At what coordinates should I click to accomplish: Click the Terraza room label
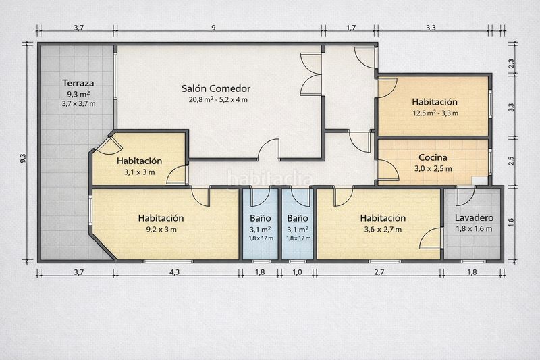coord(78,83)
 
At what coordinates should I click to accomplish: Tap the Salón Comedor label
coord(216,88)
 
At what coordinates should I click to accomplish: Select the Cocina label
coord(433,157)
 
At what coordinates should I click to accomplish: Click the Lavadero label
coord(474,217)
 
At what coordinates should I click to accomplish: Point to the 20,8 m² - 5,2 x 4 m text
coord(218,99)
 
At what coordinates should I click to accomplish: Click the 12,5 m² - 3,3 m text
coord(435,113)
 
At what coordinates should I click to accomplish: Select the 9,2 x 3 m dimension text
coord(161,229)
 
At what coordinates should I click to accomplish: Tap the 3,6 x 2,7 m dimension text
coord(383,229)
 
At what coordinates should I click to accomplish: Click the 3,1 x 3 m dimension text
coord(140,172)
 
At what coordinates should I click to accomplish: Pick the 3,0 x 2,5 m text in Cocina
coord(433,168)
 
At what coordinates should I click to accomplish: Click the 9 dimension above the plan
coord(213,28)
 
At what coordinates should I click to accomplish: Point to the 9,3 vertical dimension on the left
coord(23,158)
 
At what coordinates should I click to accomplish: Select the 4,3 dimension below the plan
coord(175,272)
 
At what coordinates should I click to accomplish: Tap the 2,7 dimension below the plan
coord(379,272)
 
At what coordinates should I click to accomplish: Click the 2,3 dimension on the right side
coord(511,63)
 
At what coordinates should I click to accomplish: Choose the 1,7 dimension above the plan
coord(351,28)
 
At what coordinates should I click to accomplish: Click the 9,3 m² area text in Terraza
coord(78,94)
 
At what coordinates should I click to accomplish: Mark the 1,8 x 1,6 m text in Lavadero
coord(474,229)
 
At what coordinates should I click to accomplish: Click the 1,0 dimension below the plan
coord(297,272)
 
